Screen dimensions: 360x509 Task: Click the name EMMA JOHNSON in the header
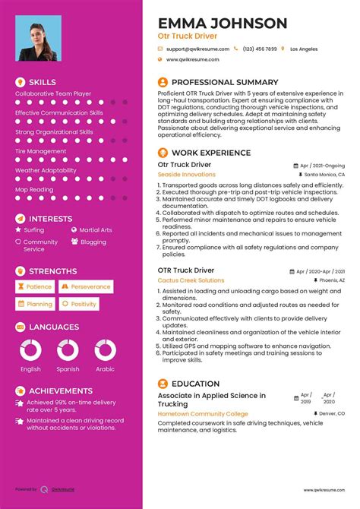[x=223, y=24]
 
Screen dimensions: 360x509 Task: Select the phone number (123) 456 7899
[x=260, y=49]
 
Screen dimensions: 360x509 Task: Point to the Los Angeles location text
[x=305, y=49]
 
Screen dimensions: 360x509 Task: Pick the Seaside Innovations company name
[x=186, y=174]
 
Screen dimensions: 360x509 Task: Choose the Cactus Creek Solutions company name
[x=191, y=280]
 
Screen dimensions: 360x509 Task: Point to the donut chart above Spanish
[x=68, y=349]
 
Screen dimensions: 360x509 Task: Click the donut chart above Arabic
[x=105, y=349]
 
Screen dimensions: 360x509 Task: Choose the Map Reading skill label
[x=34, y=189]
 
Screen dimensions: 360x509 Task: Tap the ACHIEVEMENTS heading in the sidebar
[x=60, y=390]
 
